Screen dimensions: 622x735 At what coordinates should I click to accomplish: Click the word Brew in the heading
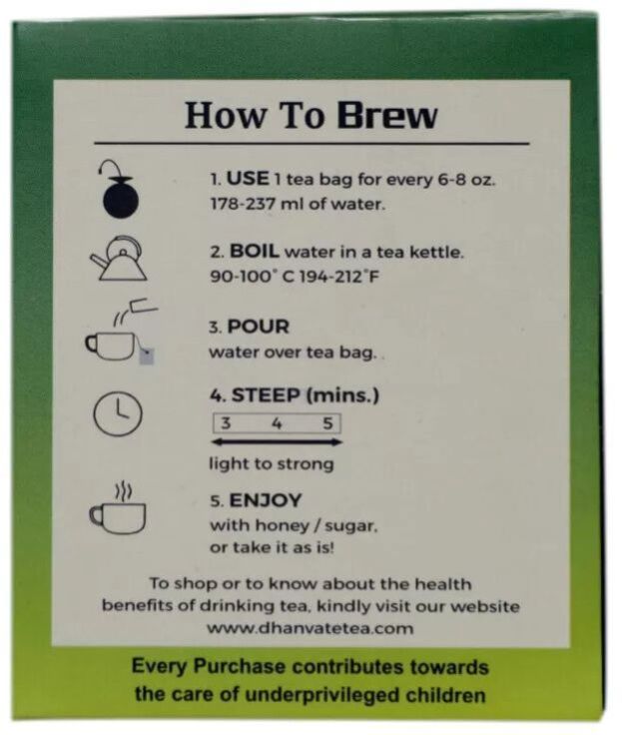pyautogui.click(x=387, y=116)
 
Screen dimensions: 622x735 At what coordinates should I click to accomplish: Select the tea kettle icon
pyautogui.click(x=118, y=259)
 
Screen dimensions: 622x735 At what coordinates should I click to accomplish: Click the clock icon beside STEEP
pyautogui.click(x=118, y=413)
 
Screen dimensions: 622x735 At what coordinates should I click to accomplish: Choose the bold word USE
pyautogui.click(x=248, y=179)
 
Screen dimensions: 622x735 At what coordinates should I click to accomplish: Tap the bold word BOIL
pyautogui.click(x=255, y=252)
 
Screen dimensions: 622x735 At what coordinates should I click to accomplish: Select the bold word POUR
pyautogui.click(x=258, y=327)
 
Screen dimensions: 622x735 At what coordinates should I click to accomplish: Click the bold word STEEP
pyautogui.click(x=266, y=395)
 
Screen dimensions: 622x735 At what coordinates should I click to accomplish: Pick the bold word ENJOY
pyautogui.click(x=266, y=501)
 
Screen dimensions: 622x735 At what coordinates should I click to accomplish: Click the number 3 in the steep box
pyautogui.click(x=226, y=423)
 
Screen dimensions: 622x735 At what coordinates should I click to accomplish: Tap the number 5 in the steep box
pyautogui.click(x=327, y=423)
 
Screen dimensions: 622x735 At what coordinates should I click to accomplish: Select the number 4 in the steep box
pyautogui.click(x=277, y=423)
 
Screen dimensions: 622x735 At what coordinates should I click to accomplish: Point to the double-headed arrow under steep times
pyautogui.click(x=277, y=442)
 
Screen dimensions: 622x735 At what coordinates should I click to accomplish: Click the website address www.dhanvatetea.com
pyautogui.click(x=310, y=628)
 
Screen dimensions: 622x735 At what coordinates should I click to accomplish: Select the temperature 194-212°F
pyautogui.click(x=338, y=277)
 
